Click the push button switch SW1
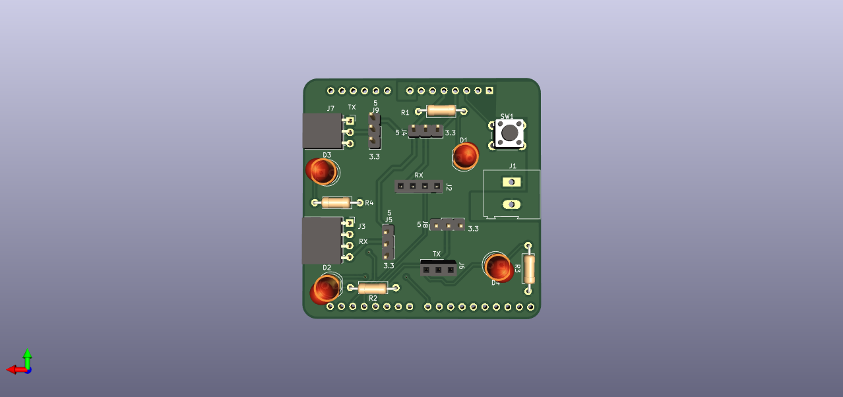[x=509, y=133]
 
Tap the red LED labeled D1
[x=466, y=156]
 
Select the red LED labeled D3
[x=321, y=171]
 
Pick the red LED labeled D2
[x=325, y=290]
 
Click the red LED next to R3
[x=499, y=268]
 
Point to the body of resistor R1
[x=441, y=111]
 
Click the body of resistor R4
[x=336, y=202]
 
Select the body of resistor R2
[x=372, y=288]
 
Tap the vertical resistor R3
[x=529, y=268]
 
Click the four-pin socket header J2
[x=418, y=186]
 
